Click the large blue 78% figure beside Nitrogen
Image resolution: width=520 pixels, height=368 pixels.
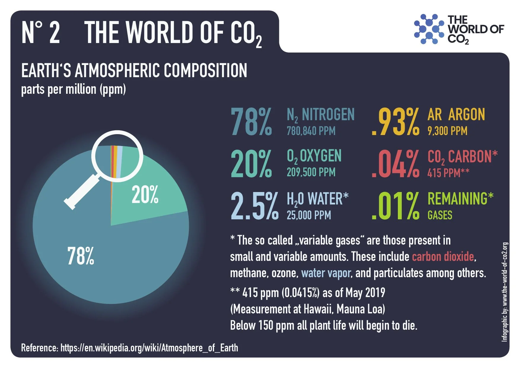coord(251,122)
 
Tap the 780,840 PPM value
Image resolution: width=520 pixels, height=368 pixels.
coord(311,131)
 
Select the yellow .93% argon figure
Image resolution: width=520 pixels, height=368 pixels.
coord(395,122)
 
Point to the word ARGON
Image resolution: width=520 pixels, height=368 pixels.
coord(466,115)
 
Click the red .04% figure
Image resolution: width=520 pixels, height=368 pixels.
coord(395,164)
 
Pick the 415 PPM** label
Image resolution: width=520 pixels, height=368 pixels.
coord(448,173)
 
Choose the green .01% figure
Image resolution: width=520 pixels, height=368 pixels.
coord(395,206)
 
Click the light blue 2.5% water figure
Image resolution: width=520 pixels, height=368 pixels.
coord(254,206)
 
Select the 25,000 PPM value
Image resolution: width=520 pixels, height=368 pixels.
coord(309,215)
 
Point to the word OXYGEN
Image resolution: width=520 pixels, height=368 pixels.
coord(320,156)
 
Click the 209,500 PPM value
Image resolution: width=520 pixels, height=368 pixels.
coord(311,172)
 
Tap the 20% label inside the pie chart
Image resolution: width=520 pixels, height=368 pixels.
coord(145,195)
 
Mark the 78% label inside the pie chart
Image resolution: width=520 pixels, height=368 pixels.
coord(81,256)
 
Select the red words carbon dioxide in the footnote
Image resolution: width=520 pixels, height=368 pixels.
coord(443,256)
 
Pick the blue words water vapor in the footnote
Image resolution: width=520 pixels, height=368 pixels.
coord(326,273)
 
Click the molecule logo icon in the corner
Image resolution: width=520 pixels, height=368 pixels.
coord(429,29)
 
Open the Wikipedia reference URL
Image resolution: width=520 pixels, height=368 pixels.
coord(149,348)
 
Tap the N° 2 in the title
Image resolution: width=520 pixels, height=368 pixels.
coord(41,33)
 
